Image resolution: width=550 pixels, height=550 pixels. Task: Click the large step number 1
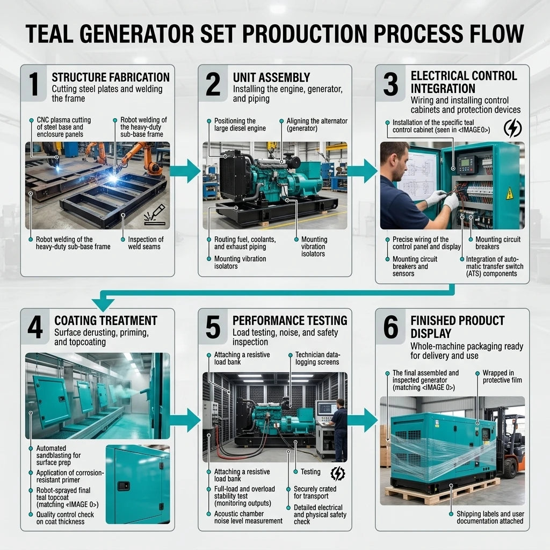coord(34,84)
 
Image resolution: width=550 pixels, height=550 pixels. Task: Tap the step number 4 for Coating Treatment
coord(35,327)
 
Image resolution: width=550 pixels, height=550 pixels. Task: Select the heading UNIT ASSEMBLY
coord(271,77)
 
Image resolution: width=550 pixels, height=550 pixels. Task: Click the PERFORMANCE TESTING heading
coord(290,321)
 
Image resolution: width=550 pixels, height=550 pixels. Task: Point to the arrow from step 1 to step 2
coord(185,171)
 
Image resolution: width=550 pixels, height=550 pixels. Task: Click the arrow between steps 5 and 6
coord(363,420)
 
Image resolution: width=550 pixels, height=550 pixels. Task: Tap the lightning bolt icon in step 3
coord(512,128)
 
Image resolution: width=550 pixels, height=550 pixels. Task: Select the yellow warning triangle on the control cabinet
coord(509,193)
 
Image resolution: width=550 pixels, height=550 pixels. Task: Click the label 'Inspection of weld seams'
coord(146,243)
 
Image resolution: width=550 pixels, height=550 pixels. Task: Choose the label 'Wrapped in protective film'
coord(502,377)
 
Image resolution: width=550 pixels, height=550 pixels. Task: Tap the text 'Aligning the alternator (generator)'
coord(317,125)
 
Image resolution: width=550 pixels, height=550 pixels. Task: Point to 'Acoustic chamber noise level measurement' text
coord(248,517)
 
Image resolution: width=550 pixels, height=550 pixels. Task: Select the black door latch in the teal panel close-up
coord(124,486)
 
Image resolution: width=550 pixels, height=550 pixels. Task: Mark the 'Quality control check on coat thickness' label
coord(65,518)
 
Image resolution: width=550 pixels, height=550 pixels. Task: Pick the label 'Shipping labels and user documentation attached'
coord(490,517)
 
